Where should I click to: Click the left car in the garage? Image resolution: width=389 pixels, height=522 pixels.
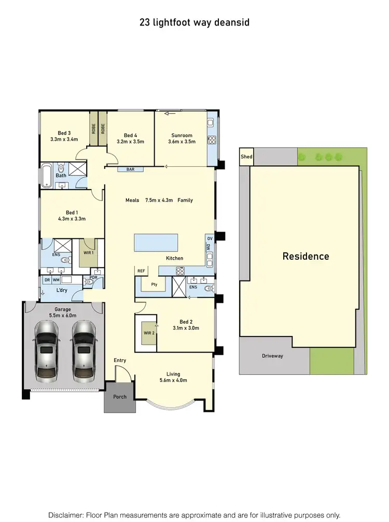tap(46, 351)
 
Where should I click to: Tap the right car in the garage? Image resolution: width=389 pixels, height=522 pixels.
tap(83, 351)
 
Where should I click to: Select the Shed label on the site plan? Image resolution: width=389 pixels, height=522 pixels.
tap(246, 157)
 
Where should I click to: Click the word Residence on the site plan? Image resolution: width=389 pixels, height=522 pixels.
tap(305, 256)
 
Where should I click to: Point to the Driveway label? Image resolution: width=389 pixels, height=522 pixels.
tap(272, 356)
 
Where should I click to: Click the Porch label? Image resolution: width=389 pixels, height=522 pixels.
tap(119, 397)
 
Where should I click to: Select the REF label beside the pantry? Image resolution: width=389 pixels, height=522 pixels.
tap(141, 271)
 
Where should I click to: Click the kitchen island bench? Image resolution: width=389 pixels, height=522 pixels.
tap(155, 242)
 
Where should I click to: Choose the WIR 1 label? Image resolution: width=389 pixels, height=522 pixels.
tap(88, 253)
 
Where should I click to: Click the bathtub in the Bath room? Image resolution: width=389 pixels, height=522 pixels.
tap(46, 176)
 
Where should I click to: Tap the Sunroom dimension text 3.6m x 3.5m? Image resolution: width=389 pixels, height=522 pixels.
tap(182, 141)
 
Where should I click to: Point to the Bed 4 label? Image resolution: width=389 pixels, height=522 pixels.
tap(130, 135)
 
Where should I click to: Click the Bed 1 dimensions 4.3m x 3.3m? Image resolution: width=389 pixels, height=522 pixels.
tap(72, 219)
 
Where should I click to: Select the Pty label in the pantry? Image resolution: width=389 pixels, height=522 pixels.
tap(154, 284)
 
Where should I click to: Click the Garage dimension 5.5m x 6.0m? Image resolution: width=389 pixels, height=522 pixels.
tap(63, 315)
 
